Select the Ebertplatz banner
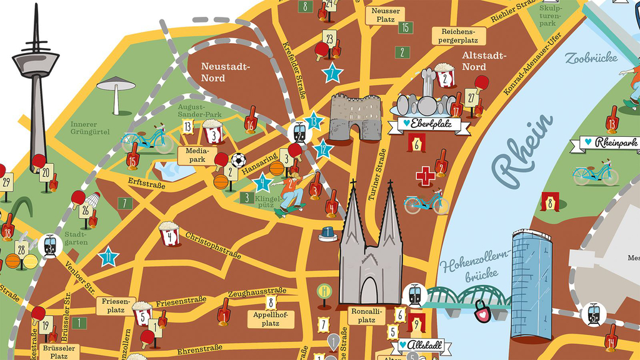[x=430, y=124]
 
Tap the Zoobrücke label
[x=591, y=58]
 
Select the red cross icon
[x=426, y=176]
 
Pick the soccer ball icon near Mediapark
[x=238, y=160]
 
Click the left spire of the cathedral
[x=354, y=212]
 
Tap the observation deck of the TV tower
[x=36, y=62]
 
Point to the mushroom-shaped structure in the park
[x=116, y=87]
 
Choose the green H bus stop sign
[x=324, y=291]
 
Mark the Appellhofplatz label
[x=270, y=319]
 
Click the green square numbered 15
[x=405, y=27]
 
